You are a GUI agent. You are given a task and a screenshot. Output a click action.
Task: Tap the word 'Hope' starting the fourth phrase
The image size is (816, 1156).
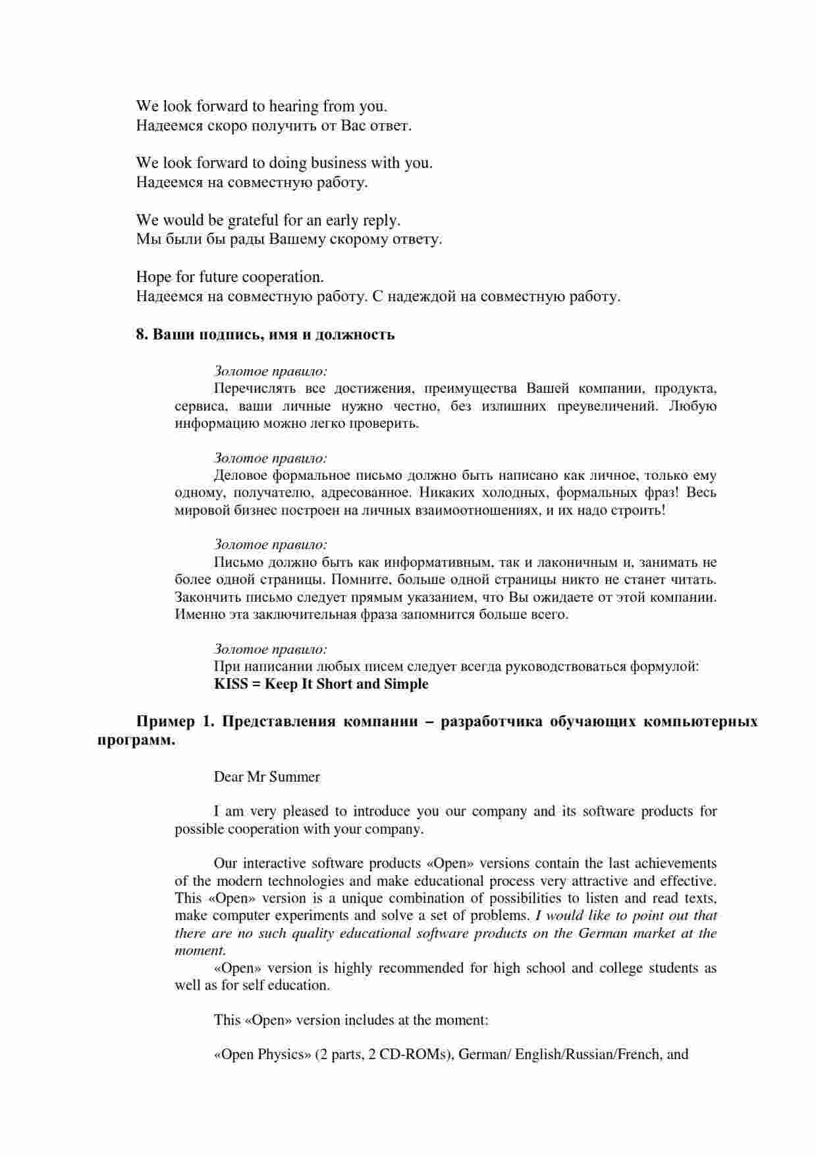tap(153, 277)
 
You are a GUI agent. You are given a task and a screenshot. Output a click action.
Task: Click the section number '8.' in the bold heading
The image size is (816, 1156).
tap(142, 334)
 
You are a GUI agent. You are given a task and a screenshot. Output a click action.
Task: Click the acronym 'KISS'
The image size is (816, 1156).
tap(231, 684)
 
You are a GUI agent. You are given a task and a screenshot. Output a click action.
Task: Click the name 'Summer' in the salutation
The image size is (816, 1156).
tap(294, 777)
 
